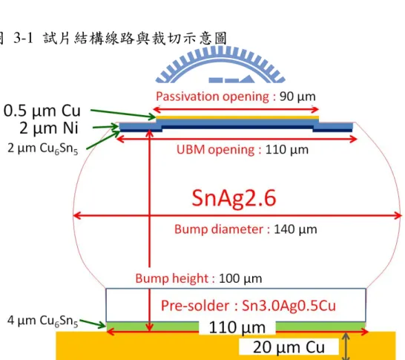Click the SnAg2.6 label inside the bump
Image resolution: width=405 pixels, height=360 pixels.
click(234, 198)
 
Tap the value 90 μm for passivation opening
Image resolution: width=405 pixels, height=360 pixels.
click(297, 96)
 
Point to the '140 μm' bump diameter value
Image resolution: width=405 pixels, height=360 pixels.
click(295, 229)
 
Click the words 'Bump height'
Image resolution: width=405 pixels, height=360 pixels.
click(172, 278)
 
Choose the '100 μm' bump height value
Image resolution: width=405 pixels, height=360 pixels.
click(240, 278)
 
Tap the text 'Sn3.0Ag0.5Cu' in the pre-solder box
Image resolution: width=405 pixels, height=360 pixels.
click(289, 306)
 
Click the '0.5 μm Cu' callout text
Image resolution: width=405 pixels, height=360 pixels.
click(42, 111)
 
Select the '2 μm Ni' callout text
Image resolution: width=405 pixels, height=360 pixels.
click(49, 128)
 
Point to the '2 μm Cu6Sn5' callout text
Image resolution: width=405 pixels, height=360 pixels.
click(42, 149)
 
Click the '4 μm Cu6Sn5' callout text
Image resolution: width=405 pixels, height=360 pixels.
click(42, 321)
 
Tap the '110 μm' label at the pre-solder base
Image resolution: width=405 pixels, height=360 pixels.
click(237, 327)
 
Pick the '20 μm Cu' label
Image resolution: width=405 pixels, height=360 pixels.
click(289, 347)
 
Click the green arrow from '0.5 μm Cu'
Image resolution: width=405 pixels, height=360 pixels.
click(123, 114)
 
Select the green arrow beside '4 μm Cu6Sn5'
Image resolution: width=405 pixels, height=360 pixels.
click(93, 324)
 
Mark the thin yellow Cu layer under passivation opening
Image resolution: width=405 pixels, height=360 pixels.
click(237, 117)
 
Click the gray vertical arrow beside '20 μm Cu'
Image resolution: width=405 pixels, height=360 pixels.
click(346, 346)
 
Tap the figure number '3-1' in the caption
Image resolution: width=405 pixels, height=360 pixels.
click(23, 39)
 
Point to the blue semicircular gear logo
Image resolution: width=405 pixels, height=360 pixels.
click(220, 65)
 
